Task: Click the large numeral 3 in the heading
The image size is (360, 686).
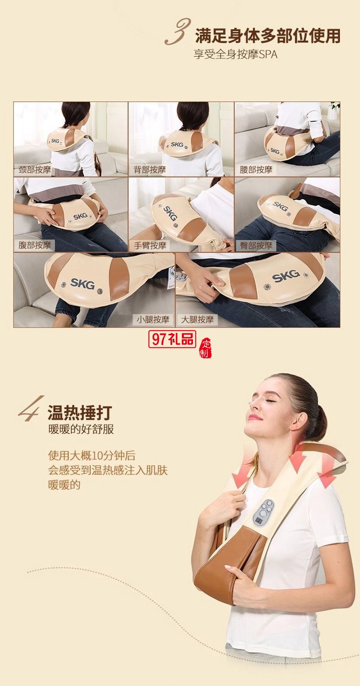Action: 178,32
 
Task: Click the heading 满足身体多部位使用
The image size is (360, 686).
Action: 267,35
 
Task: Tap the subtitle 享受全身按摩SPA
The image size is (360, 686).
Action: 235,54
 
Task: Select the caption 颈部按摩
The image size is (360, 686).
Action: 34,169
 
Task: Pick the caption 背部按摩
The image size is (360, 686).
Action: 150,169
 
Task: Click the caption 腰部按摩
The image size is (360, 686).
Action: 256,169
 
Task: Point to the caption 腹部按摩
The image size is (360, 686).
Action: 34,245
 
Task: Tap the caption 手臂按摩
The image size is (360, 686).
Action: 150,245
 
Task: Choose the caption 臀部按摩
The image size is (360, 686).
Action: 256,246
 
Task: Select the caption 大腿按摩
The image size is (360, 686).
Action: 197,319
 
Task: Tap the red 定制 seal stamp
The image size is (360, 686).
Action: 205,348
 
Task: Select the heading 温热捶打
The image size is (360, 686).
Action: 80,412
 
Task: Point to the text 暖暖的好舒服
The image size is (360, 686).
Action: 81,429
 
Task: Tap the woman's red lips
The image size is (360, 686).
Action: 255,417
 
